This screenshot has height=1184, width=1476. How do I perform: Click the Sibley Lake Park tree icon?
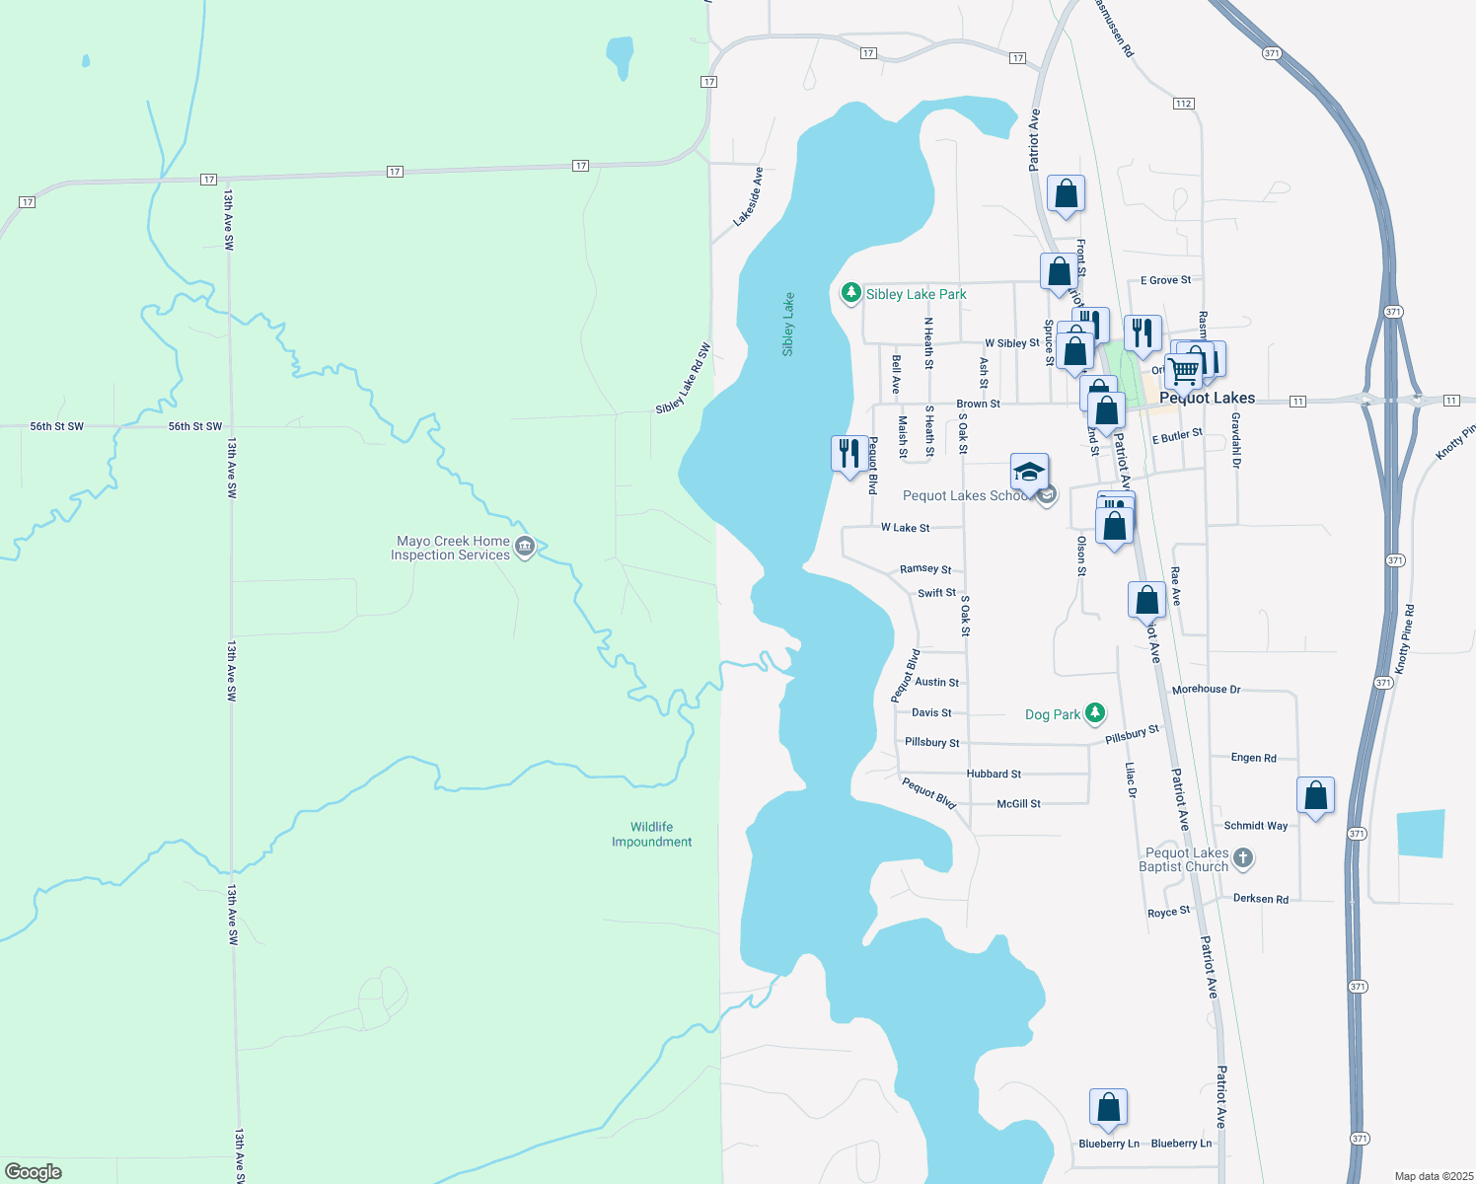click(x=850, y=293)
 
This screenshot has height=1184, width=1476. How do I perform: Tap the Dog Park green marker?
click(x=1094, y=712)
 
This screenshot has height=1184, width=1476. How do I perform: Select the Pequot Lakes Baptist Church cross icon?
click(x=1243, y=858)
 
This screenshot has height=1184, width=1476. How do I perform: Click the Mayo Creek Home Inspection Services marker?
click(x=525, y=547)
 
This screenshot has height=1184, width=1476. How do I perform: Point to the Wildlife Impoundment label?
click(x=651, y=835)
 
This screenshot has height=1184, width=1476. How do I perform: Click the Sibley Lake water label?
click(x=788, y=325)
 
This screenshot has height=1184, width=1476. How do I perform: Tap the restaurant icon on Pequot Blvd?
click(x=849, y=455)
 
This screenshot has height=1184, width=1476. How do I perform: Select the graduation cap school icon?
click(x=1029, y=474)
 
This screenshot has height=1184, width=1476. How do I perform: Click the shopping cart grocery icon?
click(x=1183, y=371)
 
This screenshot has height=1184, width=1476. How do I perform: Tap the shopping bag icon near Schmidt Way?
click(x=1315, y=795)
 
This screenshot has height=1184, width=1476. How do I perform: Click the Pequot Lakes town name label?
click(x=1207, y=398)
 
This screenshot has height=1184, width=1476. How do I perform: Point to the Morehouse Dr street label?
click(x=1206, y=690)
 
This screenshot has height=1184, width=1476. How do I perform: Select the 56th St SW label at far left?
click(x=56, y=426)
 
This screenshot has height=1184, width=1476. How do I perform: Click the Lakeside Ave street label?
click(x=749, y=196)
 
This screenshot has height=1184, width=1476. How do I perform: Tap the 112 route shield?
click(x=1184, y=104)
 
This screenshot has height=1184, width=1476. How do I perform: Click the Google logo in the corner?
click(x=34, y=1171)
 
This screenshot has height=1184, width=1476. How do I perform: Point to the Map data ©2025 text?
click(x=1433, y=1176)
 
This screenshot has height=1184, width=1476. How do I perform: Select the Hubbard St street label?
click(x=994, y=775)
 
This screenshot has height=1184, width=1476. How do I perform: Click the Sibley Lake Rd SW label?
click(x=683, y=380)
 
